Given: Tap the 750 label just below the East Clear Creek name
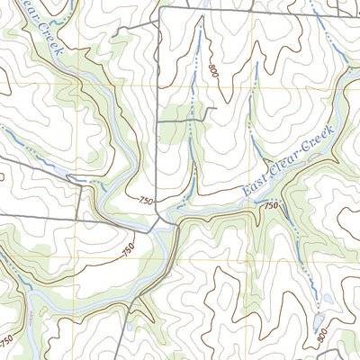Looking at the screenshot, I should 270,206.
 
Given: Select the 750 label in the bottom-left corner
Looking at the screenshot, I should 7,342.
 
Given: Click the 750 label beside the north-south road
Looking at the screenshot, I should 147,201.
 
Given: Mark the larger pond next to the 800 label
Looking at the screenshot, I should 330,299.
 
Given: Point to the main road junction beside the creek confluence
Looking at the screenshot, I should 160,218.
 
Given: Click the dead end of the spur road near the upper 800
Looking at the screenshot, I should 217,109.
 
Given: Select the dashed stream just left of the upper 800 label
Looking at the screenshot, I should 192,72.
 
